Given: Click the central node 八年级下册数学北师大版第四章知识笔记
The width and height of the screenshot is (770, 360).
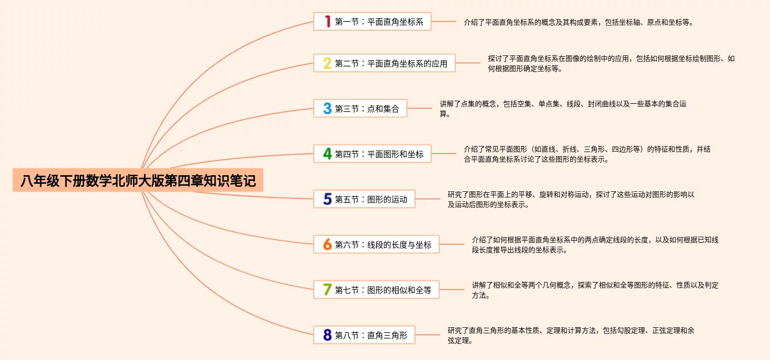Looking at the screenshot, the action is click(x=138, y=180).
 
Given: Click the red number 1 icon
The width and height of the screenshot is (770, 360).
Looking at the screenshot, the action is click(x=327, y=22).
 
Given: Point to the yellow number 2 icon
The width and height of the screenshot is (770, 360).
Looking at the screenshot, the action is click(x=327, y=63).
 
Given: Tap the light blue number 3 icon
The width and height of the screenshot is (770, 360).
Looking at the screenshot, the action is click(x=327, y=109).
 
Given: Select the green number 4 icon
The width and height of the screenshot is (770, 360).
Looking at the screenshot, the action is click(x=327, y=154).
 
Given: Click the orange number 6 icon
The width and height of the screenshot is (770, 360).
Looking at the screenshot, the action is click(x=327, y=245).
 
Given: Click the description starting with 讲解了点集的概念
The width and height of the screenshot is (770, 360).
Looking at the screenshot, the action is click(x=563, y=109).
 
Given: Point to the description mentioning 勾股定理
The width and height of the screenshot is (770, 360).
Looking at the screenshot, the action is click(x=571, y=335).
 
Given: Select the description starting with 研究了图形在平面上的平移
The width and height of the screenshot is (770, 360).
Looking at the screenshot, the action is click(x=571, y=199).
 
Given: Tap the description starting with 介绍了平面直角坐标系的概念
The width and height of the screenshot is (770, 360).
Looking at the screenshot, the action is click(x=579, y=23).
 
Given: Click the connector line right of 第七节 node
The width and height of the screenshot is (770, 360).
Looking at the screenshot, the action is click(x=452, y=290).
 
